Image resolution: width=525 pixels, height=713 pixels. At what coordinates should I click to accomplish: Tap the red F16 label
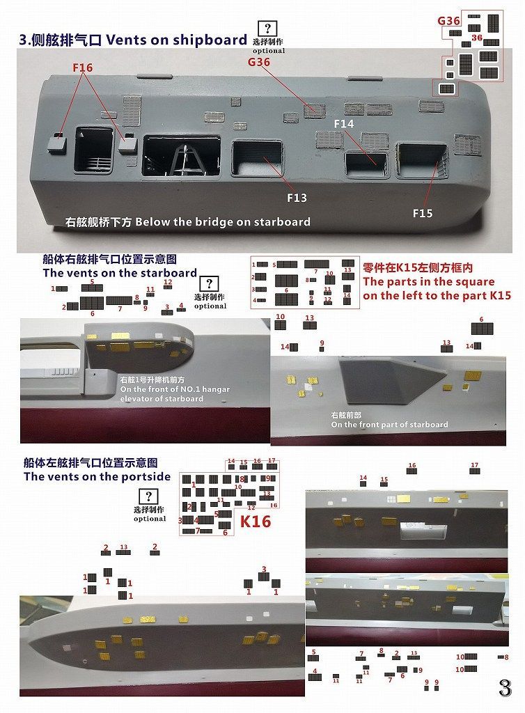tap(82, 68)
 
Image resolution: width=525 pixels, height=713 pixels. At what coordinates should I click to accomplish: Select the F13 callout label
tap(297, 198)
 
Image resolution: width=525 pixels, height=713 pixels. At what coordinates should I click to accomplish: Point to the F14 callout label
tap(344, 124)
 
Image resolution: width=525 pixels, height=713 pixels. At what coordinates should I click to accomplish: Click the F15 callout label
tap(423, 213)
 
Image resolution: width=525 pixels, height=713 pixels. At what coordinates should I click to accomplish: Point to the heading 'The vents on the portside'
tap(97, 477)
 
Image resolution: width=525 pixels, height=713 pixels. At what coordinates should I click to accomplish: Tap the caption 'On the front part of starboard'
tap(389, 425)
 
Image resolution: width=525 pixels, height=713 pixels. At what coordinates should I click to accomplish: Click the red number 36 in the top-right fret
tap(477, 38)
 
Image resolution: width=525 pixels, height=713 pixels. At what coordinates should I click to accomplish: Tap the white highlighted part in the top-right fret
tap(446, 88)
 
